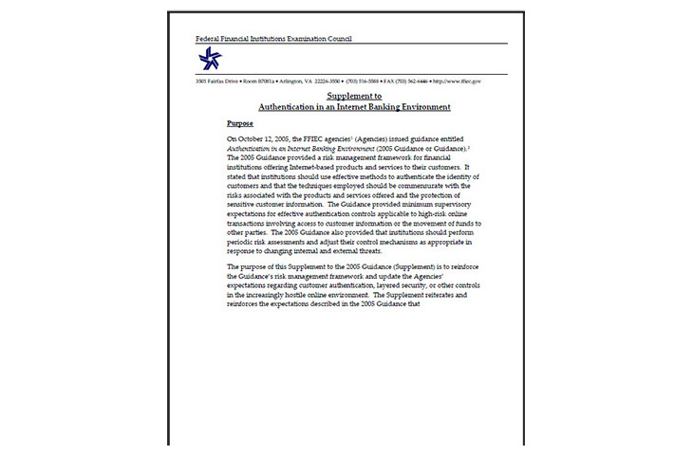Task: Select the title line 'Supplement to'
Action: (x=354, y=97)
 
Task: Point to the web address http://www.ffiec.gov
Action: (x=457, y=82)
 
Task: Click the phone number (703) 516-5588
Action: (x=365, y=82)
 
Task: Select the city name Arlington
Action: (x=290, y=82)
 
